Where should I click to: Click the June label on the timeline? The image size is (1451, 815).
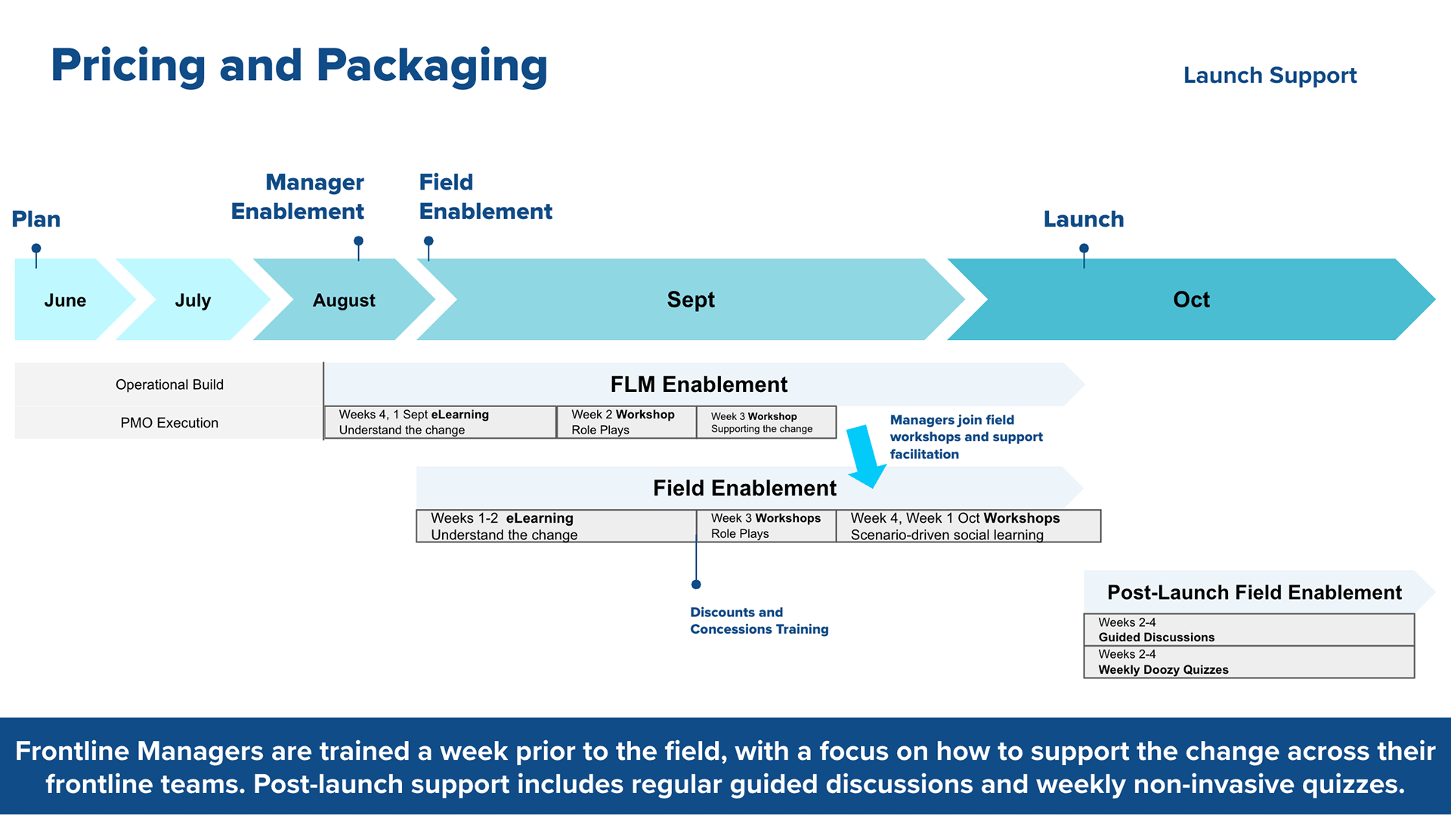pos(65,300)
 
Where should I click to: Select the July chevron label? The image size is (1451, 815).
pos(193,300)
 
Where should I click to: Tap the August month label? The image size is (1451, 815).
pos(344,300)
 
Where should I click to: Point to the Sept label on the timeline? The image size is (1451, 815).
pos(690,299)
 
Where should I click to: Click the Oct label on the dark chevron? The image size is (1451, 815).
pos(1191,299)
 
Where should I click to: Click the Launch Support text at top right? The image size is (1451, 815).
pos(1270,75)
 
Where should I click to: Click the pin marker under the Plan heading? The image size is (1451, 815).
pos(36,249)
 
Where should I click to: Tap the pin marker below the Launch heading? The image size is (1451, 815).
pos(1084,249)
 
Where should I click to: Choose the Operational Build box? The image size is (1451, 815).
pos(169,384)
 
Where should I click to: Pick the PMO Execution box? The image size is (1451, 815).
pos(169,423)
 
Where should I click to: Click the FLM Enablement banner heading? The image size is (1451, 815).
pos(698,384)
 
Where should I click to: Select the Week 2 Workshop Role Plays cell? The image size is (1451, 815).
pos(625,422)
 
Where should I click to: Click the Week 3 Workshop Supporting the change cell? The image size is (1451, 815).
pos(765,422)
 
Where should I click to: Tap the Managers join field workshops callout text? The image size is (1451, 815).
pos(965,437)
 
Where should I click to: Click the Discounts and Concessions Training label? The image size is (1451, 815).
pos(759,620)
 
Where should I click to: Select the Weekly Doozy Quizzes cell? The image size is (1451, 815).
pos(1248,662)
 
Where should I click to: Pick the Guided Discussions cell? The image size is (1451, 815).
pos(1248,630)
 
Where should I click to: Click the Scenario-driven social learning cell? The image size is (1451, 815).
pos(967,526)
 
